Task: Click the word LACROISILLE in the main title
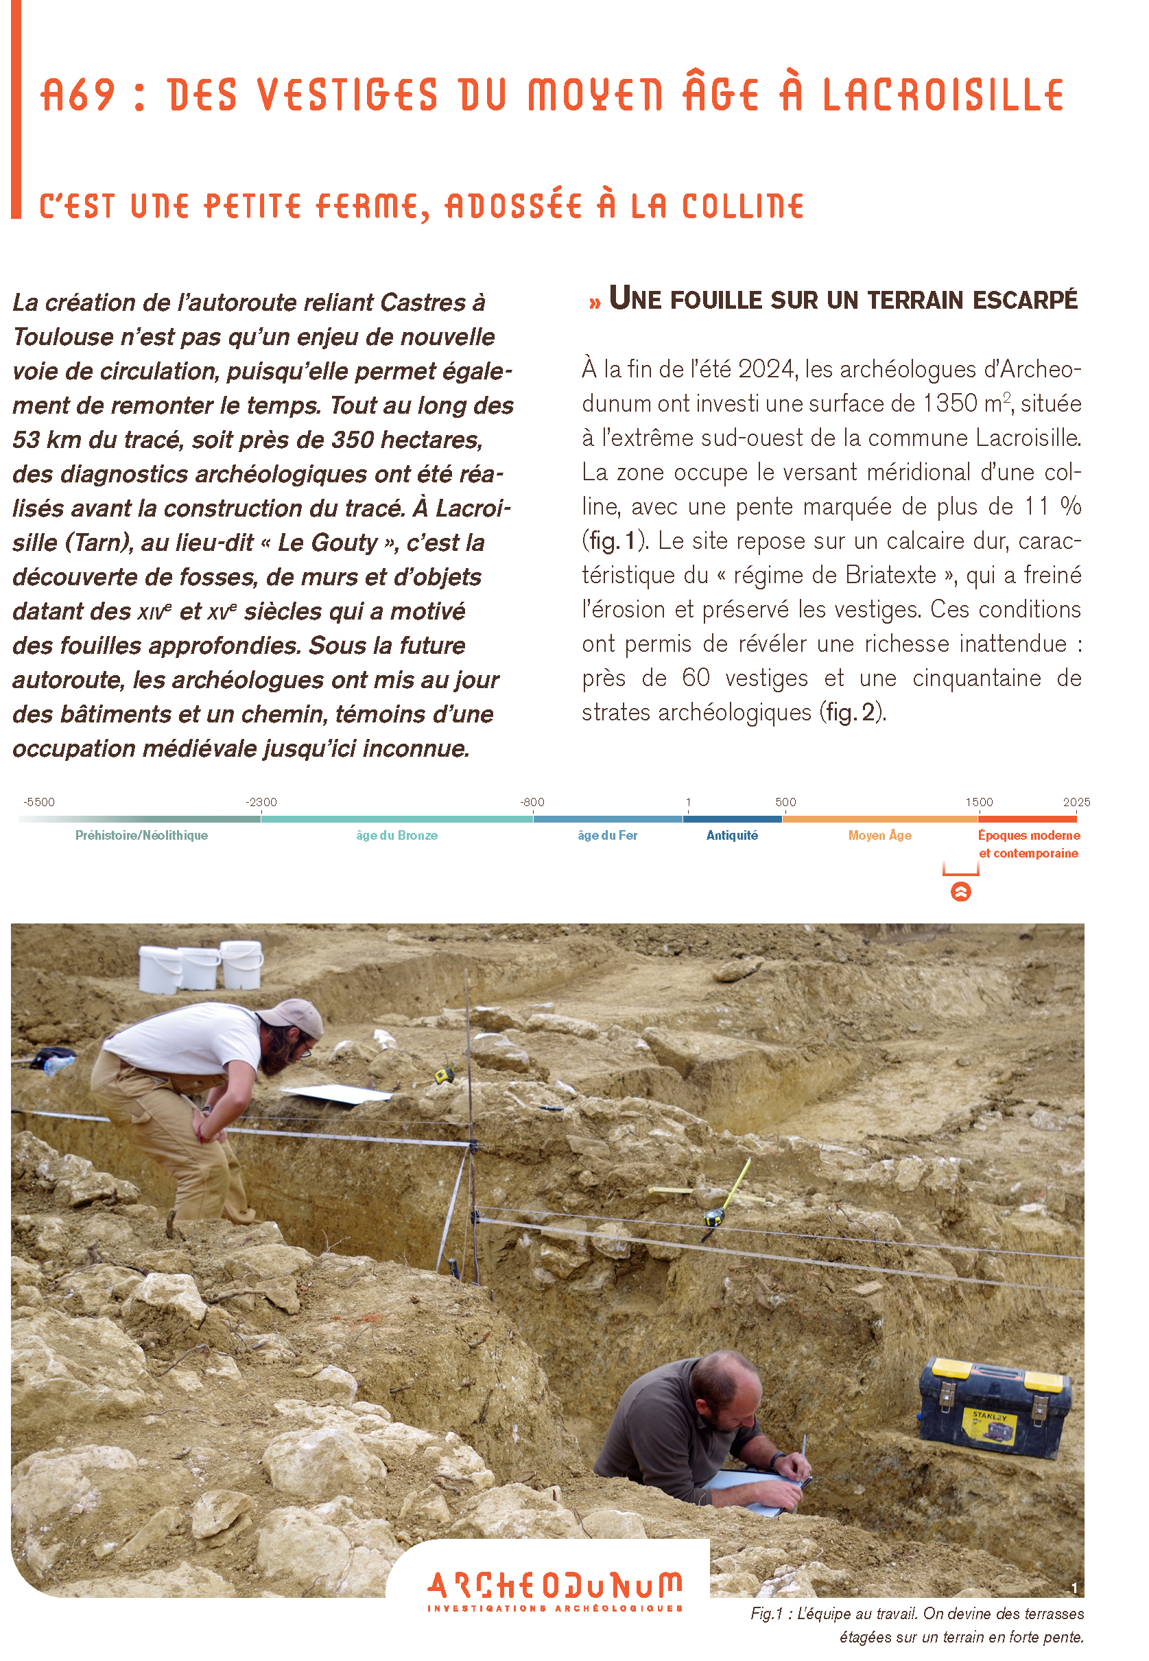pyautogui.click(x=943, y=96)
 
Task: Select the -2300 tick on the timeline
pyautogui.click(x=261, y=803)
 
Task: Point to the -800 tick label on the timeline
pyautogui.click(x=533, y=803)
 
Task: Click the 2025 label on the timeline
pyautogui.click(x=1076, y=803)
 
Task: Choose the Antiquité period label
pyautogui.click(x=731, y=836)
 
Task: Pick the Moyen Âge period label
pyautogui.click(x=879, y=836)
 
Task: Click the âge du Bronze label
pyautogui.click(x=396, y=836)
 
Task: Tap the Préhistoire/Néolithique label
pyautogui.click(x=141, y=836)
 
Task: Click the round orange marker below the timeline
pyautogui.click(x=960, y=892)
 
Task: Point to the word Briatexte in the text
pyautogui.click(x=890, y=575)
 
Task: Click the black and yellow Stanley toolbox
pyautogui.click(x=994, y=1409)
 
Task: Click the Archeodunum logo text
pyautogui.click(x=554, y=1586)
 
